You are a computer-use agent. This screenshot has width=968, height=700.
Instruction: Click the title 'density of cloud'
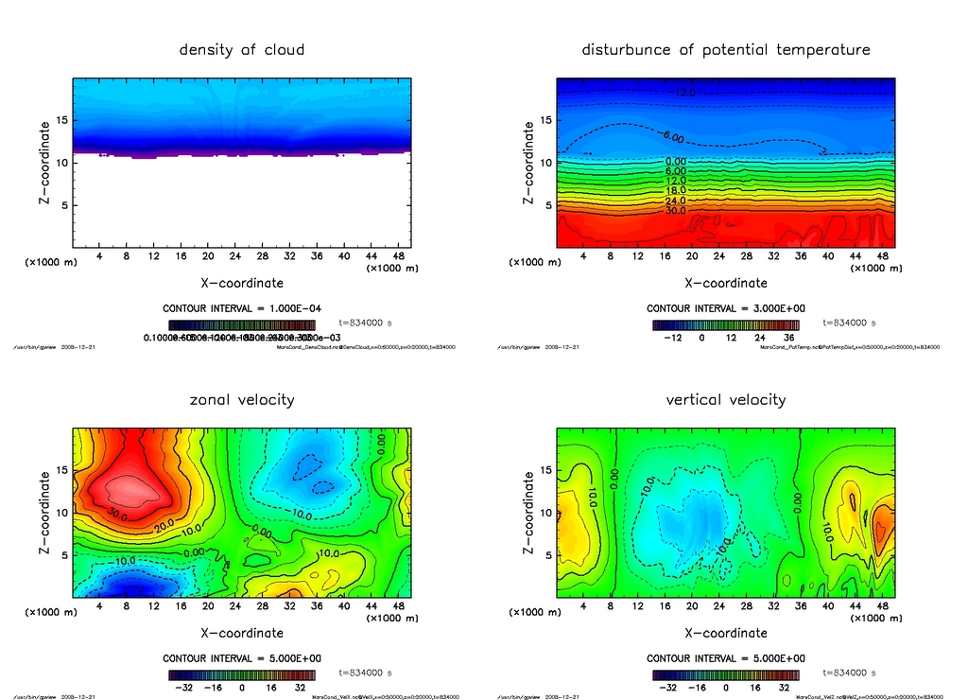coord(242,49)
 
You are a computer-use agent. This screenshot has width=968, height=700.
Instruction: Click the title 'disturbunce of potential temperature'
coord(725,49)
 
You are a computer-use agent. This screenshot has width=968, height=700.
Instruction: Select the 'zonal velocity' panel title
coord(242,399)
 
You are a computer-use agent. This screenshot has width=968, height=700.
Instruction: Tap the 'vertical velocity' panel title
coord(725,399)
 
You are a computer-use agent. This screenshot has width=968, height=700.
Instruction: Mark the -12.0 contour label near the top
coord(684,93)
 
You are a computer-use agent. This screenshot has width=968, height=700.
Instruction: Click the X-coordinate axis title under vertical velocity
coord(725,632)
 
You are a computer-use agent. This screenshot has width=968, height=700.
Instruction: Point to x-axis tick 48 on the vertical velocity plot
coord(882,606)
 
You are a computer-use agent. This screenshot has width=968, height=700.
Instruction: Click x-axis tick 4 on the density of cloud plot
coord(99,256)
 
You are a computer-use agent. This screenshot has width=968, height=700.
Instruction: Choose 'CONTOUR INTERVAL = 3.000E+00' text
coord(725,308)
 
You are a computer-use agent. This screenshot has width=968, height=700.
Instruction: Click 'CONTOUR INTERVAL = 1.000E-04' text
coord(242,308)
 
